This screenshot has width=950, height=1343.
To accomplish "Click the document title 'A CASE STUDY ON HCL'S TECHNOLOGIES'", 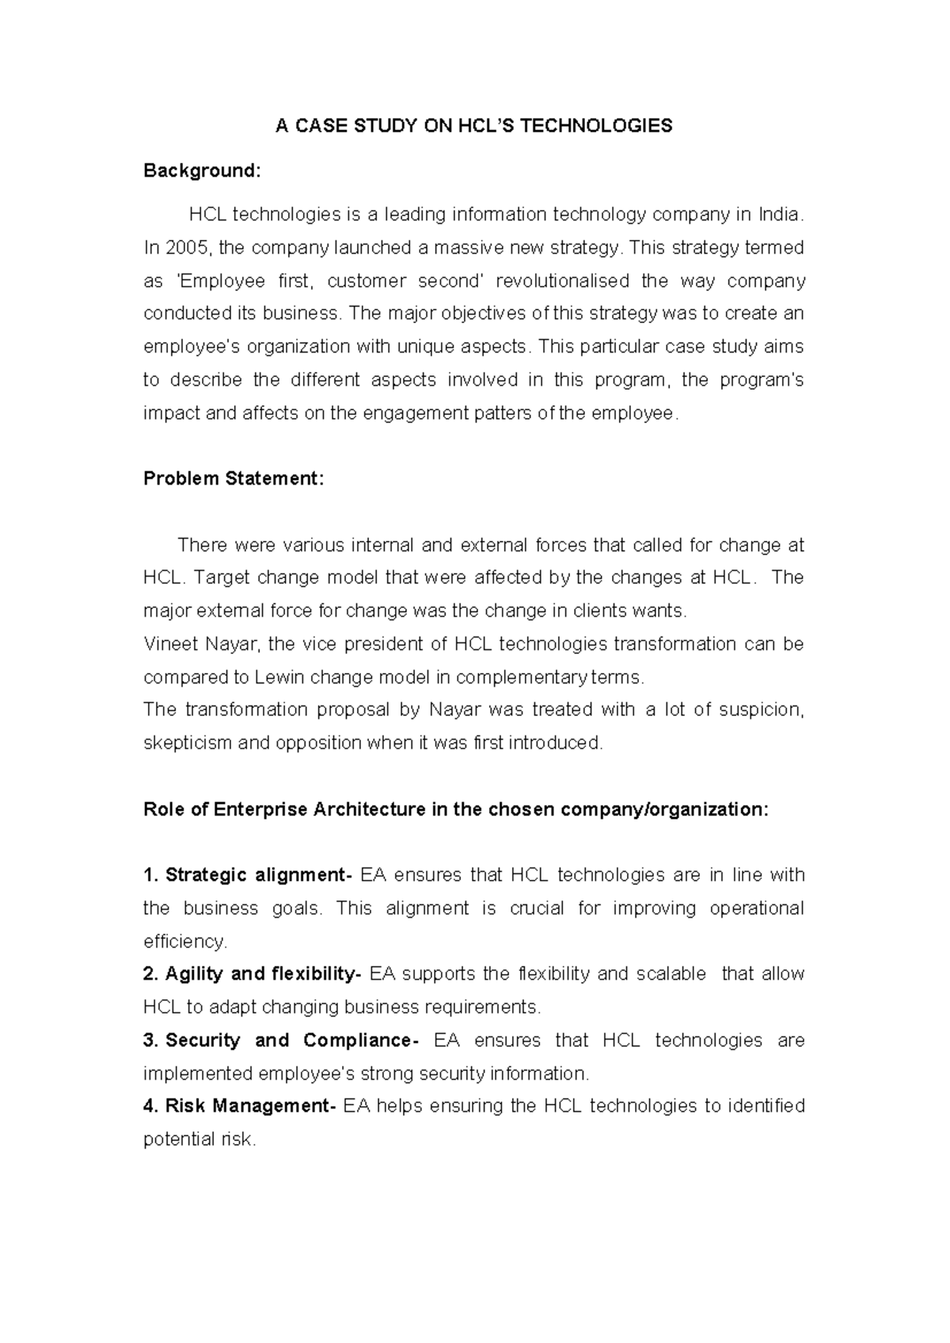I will pos(473,126).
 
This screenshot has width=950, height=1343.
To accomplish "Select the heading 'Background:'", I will pos(202,171).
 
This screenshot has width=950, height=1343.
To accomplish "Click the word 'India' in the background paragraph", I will pos(779,215).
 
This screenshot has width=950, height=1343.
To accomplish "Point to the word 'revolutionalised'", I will pos(562,281).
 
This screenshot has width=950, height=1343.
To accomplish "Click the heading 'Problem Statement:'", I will pos(234,479).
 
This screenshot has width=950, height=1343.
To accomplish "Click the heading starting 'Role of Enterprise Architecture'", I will pos(456,809).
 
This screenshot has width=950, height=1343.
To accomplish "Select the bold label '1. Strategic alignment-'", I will pos(247,875).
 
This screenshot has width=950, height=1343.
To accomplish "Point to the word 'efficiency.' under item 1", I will pos(185,942).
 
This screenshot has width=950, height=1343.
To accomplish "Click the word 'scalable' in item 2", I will pos(671,974).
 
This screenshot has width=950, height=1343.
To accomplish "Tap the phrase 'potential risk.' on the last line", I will pos(199,1140).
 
